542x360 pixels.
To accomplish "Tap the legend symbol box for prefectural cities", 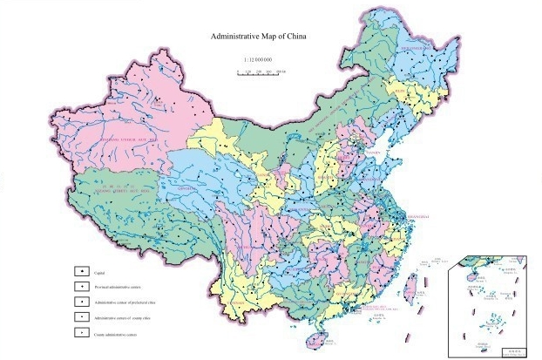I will [79, 302].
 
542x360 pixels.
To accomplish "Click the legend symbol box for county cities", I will [79, 317].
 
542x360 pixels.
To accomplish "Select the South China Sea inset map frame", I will [489, 306].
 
